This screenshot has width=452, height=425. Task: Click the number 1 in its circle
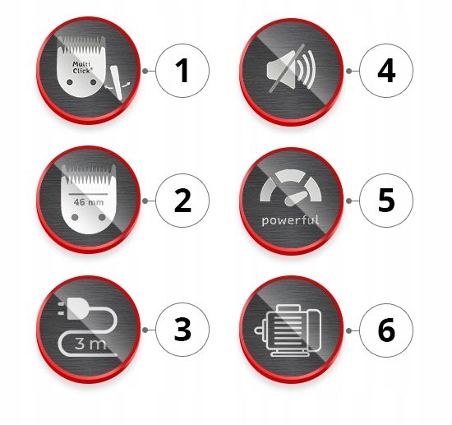coord(182,71)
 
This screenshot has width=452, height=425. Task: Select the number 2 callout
coord(182,201)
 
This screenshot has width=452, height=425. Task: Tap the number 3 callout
coord(182,330)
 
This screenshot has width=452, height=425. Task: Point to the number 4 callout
coord(386,71)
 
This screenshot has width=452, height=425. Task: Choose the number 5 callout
coord(386,201)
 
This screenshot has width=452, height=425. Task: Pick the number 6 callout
coord(386,330)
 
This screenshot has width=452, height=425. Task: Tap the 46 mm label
coord(89,202)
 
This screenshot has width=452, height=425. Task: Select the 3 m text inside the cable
coord(90,344)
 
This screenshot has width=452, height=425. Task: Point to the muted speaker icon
coord(291,69)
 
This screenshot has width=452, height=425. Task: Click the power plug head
coord(75,308)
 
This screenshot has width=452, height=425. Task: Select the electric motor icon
coord(288,330)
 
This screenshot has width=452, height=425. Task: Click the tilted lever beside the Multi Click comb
coord(118,83)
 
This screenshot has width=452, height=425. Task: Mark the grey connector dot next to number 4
coord(348,71)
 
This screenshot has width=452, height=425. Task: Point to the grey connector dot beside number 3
coord(145,330)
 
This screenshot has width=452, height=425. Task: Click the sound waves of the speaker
coord(307,70)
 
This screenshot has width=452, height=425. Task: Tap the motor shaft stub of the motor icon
coord(260,330)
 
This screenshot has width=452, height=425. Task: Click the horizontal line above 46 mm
coord(88,194)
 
